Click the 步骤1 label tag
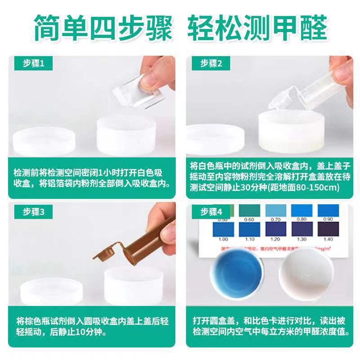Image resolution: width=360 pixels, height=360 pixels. (x=34, y=63)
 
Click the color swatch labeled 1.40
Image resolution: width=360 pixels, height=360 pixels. (x=328, y=229)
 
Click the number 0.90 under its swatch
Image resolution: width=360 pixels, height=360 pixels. (x=328, y=219)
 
